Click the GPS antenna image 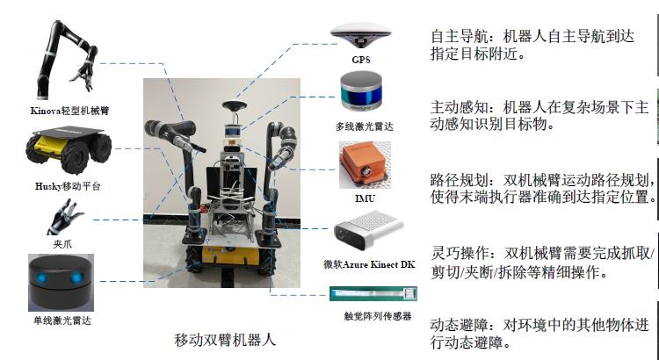tap(360, 35)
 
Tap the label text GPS tap(361, 60)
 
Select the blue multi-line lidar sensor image tap(361, 91)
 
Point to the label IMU tap(365, 198)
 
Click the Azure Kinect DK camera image tap(368, 231)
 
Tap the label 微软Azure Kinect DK tap(369, 264)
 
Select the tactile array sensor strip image tap(373, 293)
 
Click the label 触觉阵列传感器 tap(378, 316)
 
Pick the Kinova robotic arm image tap(68, 59)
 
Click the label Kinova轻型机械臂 tap(69, 111)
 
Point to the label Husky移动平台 tap(68, 186)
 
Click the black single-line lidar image tap(61, 282)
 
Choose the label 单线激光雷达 tap(62, 321)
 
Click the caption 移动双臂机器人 tap(225, 340)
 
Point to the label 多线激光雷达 tap(364, 126)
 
